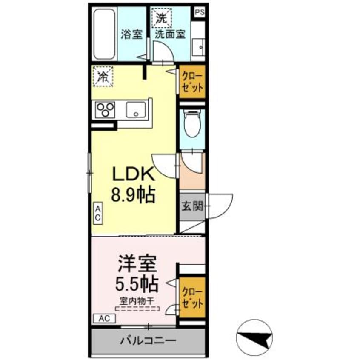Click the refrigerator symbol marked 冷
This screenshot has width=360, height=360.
click(103, 77)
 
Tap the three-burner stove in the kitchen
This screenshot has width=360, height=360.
click(106, 110)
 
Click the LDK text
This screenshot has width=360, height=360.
click(133, 175)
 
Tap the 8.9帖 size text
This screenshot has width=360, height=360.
click(133, 195)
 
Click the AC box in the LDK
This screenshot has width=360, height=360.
click(97, 213)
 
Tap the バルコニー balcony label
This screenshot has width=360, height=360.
click(148, 340)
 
